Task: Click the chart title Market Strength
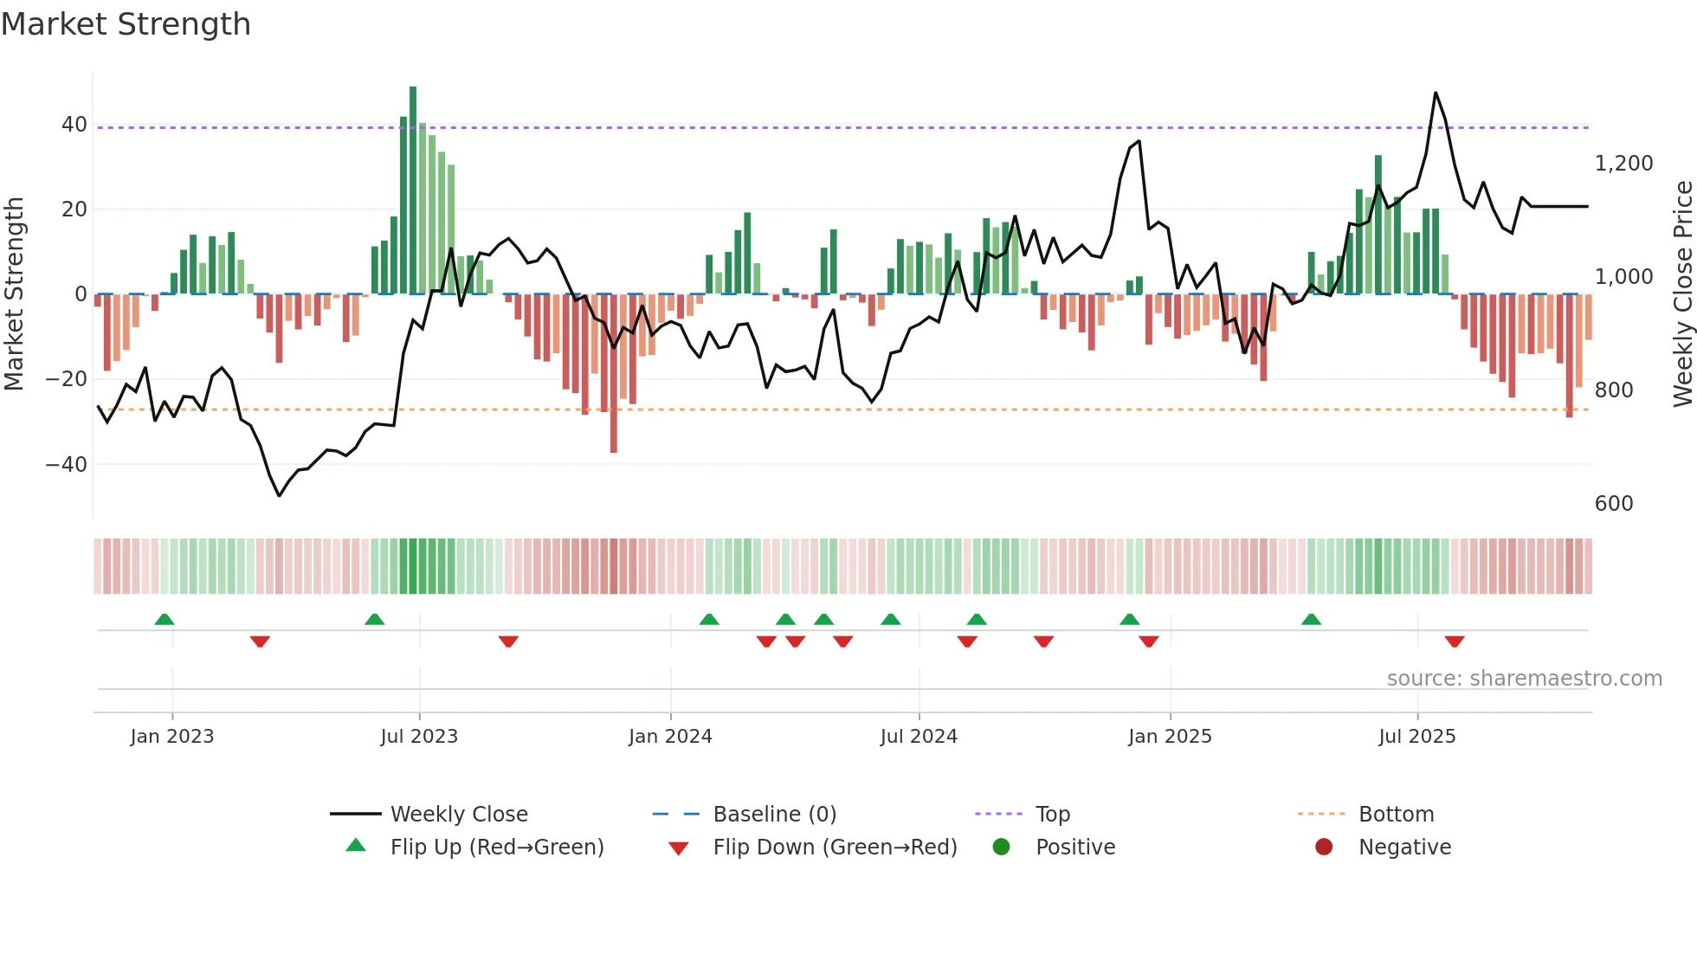coord(126,24)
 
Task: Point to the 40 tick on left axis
coord(74,125)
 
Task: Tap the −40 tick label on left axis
coord(67,465)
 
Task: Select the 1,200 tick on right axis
coord(1623,164)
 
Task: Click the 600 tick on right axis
coord(1614,504)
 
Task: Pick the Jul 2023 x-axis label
coord(419,737)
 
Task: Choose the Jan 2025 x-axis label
coord(1170,737)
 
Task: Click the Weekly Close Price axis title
coord(1682,294)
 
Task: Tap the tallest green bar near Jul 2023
coord(413,190)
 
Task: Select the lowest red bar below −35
coord(614,372)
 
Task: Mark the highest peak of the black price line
coord(1436,93)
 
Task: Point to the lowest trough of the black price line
coord(279,495)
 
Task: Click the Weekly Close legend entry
coord(458,815)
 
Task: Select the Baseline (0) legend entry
coord(774,815)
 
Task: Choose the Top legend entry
coord(1052,815)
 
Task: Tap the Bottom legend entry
coord(1396,815)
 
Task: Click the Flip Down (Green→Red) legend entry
coord(834,848)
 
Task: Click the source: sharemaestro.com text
coord(1524,679)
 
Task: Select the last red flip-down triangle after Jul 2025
coord(1455,641)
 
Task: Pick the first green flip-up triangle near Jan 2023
coord(165,619)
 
